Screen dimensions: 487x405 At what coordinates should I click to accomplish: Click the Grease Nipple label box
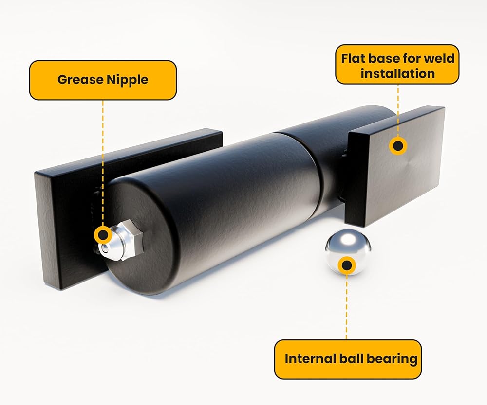pyautogui.click(x=103, y=80)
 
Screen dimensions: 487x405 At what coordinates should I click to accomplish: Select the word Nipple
pyautogui.click(x=126, y=80)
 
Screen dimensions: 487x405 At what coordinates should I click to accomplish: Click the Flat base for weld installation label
pyautogui.click(x=397, y=66)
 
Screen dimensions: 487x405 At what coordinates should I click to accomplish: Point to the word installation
pyautogui.click(x=397, y=74)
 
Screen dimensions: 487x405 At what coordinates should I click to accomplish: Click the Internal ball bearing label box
pyautogui.click(x=347, y=359)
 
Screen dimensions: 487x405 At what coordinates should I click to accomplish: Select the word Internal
pyautogui.click(x=306, y=359)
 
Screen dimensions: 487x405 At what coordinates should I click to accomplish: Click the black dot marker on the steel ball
pyautogui.click(x=347, y=265)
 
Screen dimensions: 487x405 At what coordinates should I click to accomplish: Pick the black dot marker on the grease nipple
pyautogui.click(x=103, y=235)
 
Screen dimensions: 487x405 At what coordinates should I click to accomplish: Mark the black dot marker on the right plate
pyautogui.click(x=398, y=145)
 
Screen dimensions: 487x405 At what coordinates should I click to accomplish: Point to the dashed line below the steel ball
pyautogui.click(x=347, y=306)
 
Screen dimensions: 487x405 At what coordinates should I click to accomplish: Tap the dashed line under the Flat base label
pyautogui.click(x=398, y=109)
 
